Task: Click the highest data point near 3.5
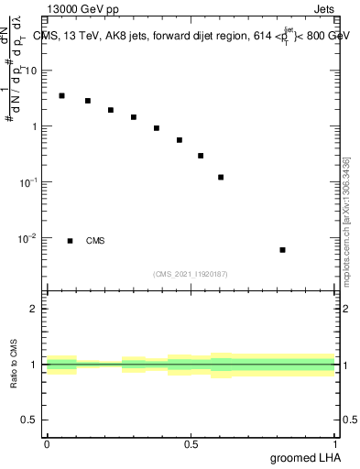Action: pyautogui.click(x=61, y=95)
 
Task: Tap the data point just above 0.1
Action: pyautogui.click(x=221, y=177)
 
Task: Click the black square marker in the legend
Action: pyautogui.click(x=70, y=241)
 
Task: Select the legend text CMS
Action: pyautogui.click(x=95, y=241)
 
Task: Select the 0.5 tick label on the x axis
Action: pyautogui.click(x=191, y=444)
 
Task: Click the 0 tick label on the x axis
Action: pyautogui.click(x=47, y=444)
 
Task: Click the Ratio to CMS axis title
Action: pyautogui.click(x=16, y=365)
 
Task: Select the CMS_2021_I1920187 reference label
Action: pyautogui.click(x=191, y=274)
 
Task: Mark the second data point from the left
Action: pyautogui.click(x=88, y=101)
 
